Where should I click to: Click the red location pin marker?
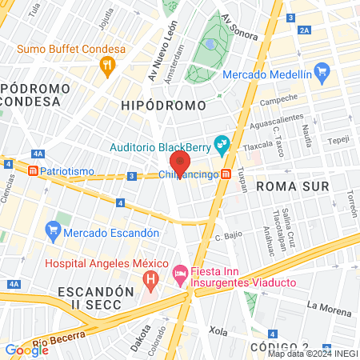click(180, 163)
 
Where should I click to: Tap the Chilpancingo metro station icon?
click(227, 174)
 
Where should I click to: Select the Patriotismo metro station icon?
click(33, 171)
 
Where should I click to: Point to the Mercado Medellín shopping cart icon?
click(322, 74)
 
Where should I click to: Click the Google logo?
click(26, 350)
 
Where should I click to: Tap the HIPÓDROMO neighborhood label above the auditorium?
click(163, 105)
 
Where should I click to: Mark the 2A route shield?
click(303, 30)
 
